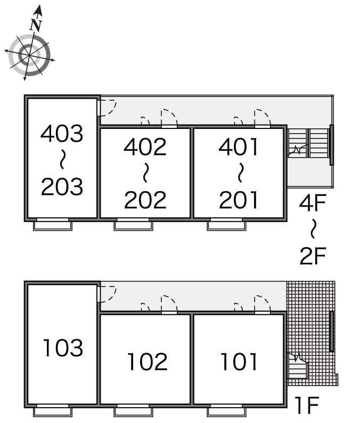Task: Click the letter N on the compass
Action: click(36, 25)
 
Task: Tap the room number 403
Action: click(62, 133)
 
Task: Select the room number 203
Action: click(62, 186)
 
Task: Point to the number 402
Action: click(145, 147)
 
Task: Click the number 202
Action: click(145, 200)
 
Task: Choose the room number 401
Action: click(239, 147)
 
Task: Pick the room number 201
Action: click(239, 200)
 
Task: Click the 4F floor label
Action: click(313, 202)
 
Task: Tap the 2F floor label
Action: click(313, 256)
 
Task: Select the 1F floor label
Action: click(307, 405)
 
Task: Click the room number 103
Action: click(63, 348)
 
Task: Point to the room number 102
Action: click(147, 362)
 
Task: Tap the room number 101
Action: click(239, 362)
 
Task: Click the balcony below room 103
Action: click(53, 412)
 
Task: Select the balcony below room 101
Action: click(227, 412)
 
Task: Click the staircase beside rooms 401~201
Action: click(308, 143)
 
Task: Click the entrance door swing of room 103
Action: click(107, 294)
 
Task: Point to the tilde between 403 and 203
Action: click(62, 159)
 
